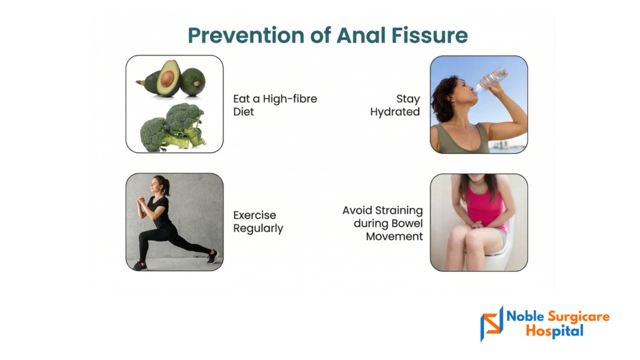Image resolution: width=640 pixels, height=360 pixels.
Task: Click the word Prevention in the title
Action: pyautogui.click(x=246, y=35)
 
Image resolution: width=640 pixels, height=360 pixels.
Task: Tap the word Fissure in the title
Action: pyautogui.click(x=429, y=35)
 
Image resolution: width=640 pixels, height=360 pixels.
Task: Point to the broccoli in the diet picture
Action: pyautogui.click(x=172, y=127)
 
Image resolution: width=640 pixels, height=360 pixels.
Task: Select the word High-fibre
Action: pyautogui.click(x=290, y=99)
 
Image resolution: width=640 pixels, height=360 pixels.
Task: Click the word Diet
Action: pyautogui.click(x=243, y=112)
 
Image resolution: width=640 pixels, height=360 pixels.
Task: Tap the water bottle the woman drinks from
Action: pyautogui.click(x=492, y=81)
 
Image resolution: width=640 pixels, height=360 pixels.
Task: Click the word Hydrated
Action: pyautogui.click(x=395, y=112)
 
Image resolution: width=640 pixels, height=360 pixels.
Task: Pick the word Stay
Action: pyautogui.click(x=407, y=99)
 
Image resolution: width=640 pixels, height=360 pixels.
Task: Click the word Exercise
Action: pyautogui.click(x=255, y=215)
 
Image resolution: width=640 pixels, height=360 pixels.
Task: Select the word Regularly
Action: pyautogui.click(x=258, y=229)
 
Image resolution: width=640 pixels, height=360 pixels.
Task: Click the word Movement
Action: pyautogui.click(x=394, y=237)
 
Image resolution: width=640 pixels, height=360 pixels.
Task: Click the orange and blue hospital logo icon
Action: pyautogui.click(x=491, y=324)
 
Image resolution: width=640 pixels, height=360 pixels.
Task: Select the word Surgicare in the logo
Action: pyautogui.click(x=578, y=317)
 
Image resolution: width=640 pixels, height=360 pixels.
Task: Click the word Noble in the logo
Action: pyautogui.click(x=525, y=316)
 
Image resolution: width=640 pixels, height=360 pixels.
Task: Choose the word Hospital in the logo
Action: pyautogui.click(x=555, y=331)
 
